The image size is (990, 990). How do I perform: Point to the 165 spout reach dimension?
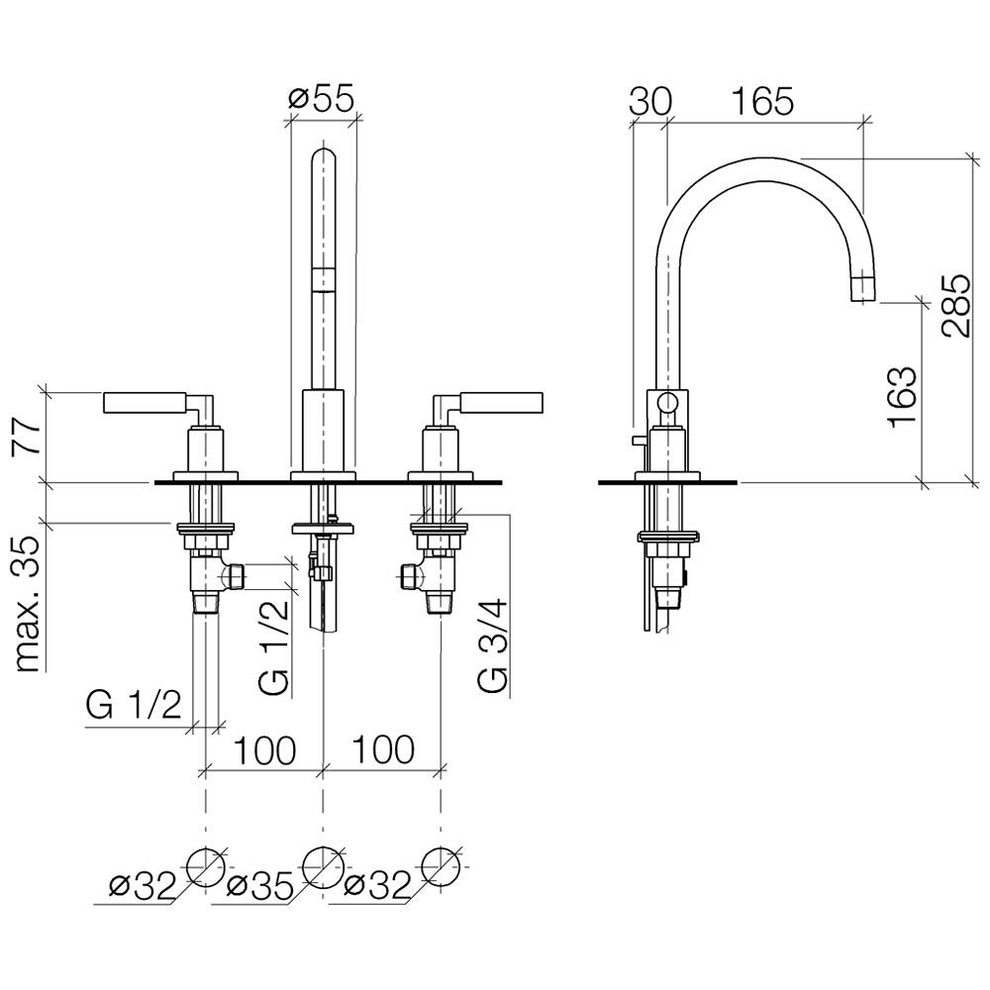pos(762,101)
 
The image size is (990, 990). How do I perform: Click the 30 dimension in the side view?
pos(651,101)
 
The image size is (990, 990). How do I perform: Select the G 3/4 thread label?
pos(492,645)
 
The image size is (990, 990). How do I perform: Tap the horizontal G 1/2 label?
pos(134,705)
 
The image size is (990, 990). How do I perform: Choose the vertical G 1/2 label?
pos(274,645)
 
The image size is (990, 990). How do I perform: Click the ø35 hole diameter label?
pos(259,887)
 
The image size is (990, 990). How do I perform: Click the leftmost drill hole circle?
pos(206,867)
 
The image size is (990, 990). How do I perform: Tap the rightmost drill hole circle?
pos(441,867)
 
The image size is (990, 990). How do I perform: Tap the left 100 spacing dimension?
pos(264,750)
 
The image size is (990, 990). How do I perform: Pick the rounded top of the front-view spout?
pos(324,154)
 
